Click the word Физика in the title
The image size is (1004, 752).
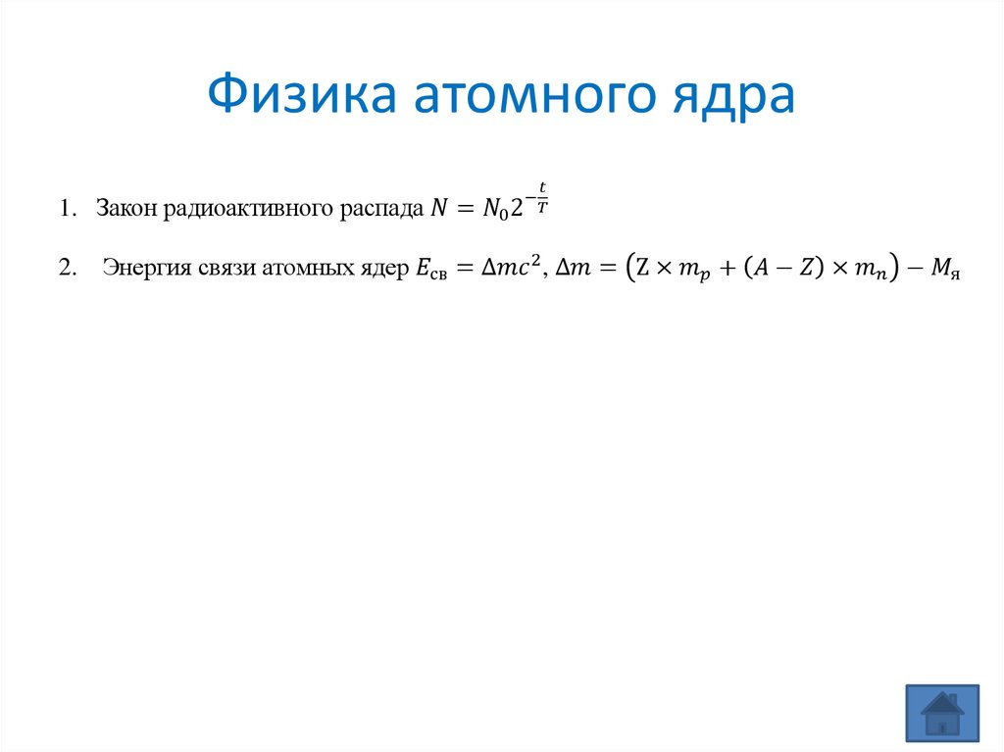tap(302, 93)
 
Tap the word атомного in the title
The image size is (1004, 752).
tap(534, 96)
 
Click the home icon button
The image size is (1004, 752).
tap(942, 713)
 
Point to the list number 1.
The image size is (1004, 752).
tap(68, 208)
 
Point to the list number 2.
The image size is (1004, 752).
tap(68, 267)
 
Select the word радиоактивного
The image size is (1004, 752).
tap(248, 210)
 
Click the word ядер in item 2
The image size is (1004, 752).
tap(384, 269)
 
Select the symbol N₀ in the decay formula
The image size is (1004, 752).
tap(495, 209)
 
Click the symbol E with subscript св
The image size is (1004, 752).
tap(431, 269)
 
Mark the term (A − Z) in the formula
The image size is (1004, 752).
tap(783, 267)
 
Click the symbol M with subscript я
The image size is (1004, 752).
tap(946, 269)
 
